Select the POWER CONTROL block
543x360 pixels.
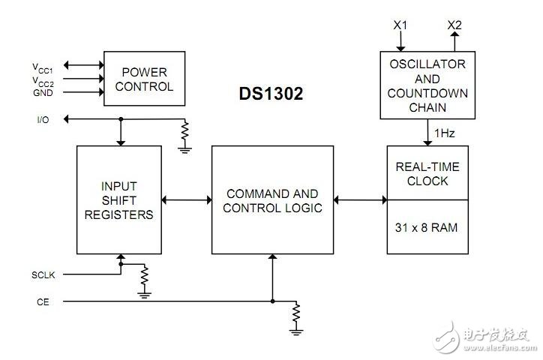tap(144, 79)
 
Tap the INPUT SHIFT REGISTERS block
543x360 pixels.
tap(119, 199)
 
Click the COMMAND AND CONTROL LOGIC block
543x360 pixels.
tap(271, 199)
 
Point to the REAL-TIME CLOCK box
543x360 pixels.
tap(427, 173)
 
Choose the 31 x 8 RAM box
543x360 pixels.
tap(427, 226)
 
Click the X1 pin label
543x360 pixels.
tap(400, 25)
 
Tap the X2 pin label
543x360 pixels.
tap(454, 25)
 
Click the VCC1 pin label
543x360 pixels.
tap(43, 66)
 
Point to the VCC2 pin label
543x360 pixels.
tap(43, 80)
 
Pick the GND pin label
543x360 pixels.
tap(42, 92)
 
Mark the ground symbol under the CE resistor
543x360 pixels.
tap(297, 328)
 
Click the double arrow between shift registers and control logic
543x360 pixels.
tap(186, 199)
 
